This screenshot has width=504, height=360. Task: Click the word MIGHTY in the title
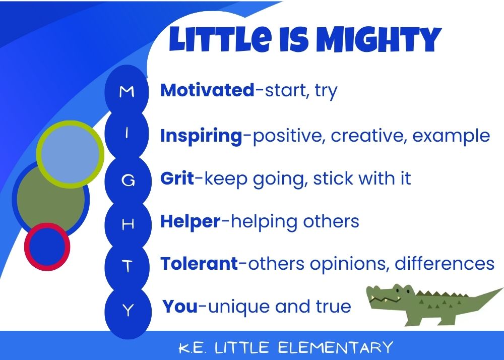point(379,39)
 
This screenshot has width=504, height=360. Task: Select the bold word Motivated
point(207,90)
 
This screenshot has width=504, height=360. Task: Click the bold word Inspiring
point(201,136)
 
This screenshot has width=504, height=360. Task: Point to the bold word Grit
point(177,178)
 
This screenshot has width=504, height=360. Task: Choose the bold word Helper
point(191,221)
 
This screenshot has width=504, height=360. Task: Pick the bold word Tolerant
point(199,264)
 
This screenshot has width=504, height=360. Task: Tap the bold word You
point(180,306)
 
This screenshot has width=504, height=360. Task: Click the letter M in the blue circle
point(127,92)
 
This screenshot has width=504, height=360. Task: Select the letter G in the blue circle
point(128,181)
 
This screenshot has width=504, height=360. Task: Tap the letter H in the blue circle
point(128,224)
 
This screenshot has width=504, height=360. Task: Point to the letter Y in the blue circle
point(128,310)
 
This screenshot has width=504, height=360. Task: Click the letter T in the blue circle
point(128,266)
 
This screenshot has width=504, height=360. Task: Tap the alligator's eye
point(398,290)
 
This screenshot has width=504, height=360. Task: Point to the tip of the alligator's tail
point(502,288)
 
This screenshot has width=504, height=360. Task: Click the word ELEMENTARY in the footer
point(335,347)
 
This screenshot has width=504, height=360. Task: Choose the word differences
point(444,264)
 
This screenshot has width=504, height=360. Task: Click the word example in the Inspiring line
point(451,136)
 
